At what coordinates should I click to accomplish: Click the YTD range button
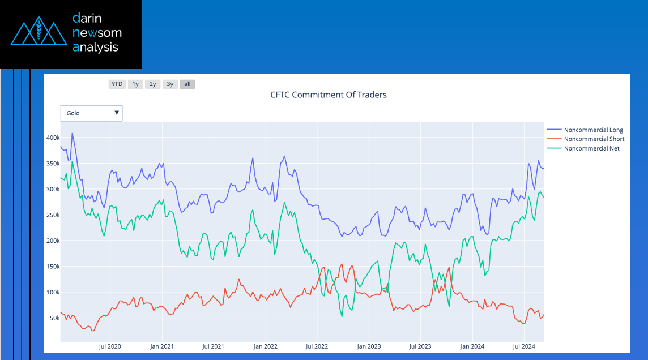tap(117, 84)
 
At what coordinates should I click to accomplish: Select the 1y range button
tap(135, 84)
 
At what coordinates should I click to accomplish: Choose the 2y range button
tap(152, 84)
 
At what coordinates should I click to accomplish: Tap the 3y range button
tap(170, 84)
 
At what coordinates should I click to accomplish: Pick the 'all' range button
tap(187, 84)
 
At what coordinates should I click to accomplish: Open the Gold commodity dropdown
tap(92, 113)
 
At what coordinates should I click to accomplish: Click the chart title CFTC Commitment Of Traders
tap(329, 95)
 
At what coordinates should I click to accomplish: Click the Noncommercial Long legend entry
tap(593, 130)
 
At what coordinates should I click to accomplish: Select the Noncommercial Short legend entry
tap(594, 139)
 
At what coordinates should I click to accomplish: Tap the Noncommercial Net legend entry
tap(591, 148)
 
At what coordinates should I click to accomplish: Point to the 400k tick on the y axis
tap(53, 138)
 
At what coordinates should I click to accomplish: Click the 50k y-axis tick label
tap(54, 318)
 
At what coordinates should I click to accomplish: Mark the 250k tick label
tap(53, 215)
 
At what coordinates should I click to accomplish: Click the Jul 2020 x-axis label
tap(110, 346)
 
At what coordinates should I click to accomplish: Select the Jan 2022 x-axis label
tap(265, 346)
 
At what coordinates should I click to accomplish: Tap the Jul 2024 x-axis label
tap(524, 346)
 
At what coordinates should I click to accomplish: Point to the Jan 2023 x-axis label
tap(369, 346)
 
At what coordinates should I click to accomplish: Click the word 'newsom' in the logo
tap(97, 33)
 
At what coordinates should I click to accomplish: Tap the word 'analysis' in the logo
tap(95, 47)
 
